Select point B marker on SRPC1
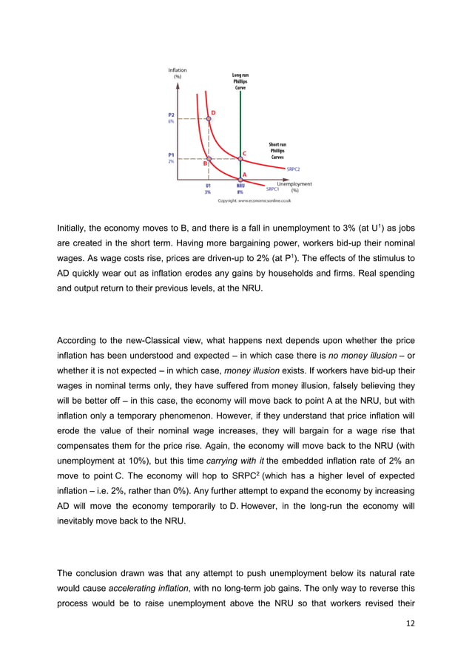209,159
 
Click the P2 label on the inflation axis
171,115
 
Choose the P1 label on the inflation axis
171,155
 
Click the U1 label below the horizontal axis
209,186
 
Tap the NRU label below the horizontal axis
240,186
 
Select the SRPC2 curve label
293,169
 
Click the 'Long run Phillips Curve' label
240,81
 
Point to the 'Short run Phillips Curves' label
277,151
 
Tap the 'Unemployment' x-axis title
294,183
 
